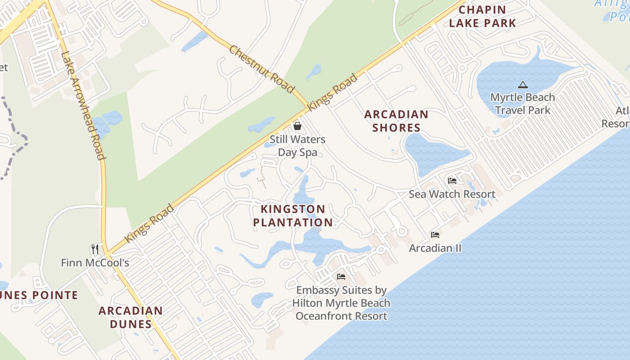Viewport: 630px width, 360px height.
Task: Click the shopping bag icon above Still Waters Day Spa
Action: [x=297, y=126]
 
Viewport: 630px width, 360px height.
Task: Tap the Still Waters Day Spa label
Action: [x=297, y=146]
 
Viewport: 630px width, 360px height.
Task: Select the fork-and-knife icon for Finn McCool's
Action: [x=95, y=249]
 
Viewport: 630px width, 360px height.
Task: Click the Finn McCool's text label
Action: [x=95, y=262]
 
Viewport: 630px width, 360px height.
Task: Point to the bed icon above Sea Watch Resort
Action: [x=452, y=181]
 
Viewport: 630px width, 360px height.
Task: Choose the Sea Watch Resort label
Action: [x=452, y=194]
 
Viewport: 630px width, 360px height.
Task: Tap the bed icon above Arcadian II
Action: [x=435, y=235]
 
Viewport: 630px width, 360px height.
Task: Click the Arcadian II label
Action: [x=435, y=248]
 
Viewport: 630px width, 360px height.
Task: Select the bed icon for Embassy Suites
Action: [x=341, y=276]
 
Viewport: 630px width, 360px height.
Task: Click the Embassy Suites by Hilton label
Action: [x=341, y=303]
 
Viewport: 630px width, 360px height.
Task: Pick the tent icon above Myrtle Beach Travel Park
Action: [x=522, y=85]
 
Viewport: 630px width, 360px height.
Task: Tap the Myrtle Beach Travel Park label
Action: [x=522, y=103]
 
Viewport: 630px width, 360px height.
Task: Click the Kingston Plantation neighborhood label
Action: [x=293, y=216]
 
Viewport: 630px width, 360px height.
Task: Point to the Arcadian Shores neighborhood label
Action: [x=396, y=121]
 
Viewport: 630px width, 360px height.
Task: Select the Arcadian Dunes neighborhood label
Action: [x=130, y=317]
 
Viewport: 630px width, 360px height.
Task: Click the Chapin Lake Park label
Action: [x=482, y=16]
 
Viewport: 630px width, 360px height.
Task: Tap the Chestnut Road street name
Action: [x=261, y=69]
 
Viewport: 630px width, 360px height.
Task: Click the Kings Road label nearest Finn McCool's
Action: [x=149, y=224]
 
